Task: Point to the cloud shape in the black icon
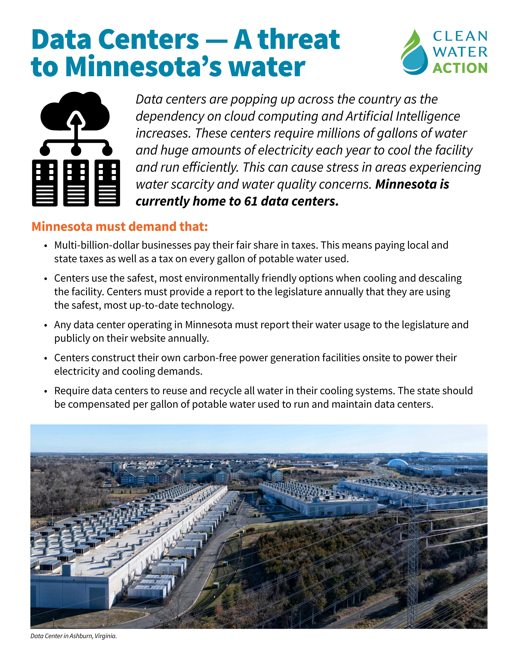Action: pyautogui.click(x=75, y=112)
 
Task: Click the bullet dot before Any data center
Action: pyautogui.click(x=45, y=325)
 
